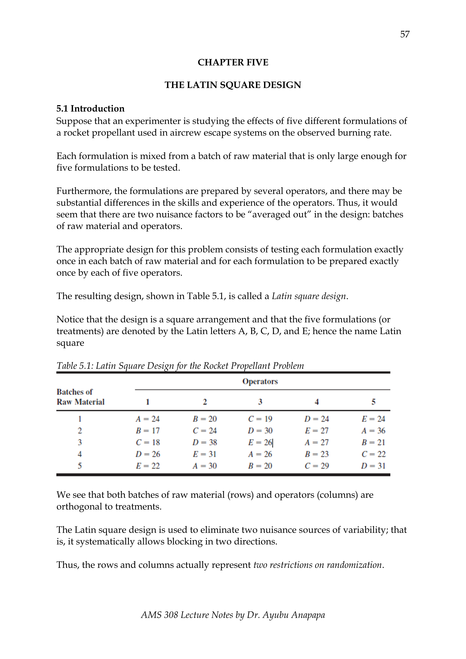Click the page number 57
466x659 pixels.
(x=405, y=34)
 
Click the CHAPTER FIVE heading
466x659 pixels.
(x=233, y=62)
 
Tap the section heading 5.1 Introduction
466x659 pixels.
(x=90, y=109)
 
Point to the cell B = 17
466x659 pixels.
(x=147, y=431)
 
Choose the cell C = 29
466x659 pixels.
(x=316, y=466)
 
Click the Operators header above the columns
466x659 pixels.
(x=260, y=382)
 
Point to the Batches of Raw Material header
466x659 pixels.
(x=80, y=397)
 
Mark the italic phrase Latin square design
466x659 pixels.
(x=309, y=296)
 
